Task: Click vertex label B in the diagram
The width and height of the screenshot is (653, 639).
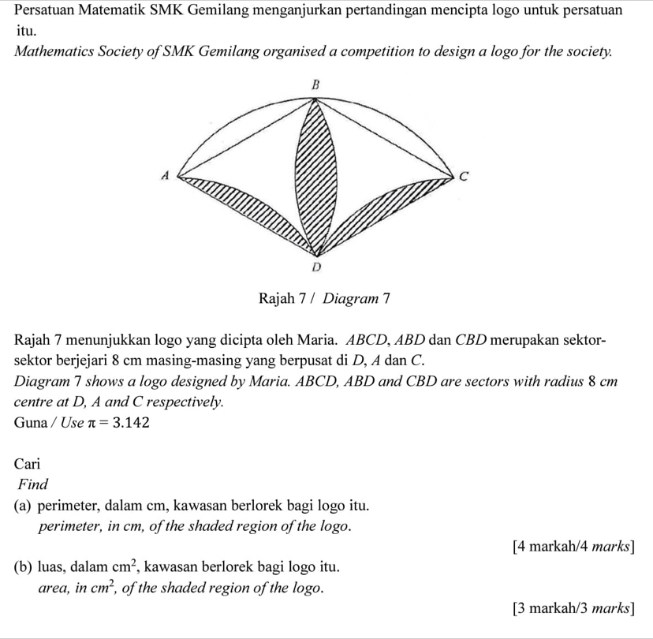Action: (316, 84)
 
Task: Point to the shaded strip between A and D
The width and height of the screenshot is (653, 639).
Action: (252, 211)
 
